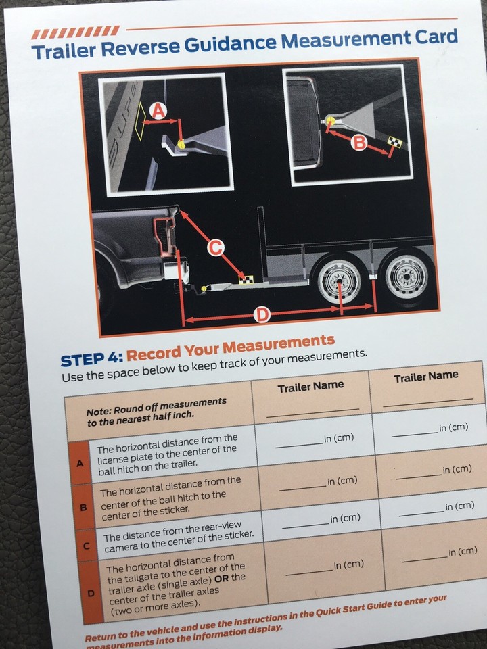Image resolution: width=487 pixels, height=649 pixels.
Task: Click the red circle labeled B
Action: coord(359,142)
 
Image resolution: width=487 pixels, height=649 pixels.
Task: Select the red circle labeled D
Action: coord(261,314)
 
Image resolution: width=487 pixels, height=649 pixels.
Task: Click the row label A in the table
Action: coord(80,463)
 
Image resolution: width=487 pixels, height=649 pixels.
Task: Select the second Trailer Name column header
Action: coord(425,376)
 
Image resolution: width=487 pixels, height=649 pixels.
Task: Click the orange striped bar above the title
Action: coord(76,32)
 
